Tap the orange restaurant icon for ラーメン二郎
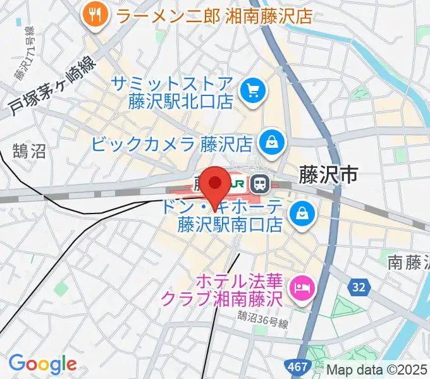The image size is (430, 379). pos(95,13)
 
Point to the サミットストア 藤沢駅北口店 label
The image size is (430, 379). pos(173,92)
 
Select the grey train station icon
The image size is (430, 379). pos(259,184)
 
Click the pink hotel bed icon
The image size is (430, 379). pos(300,288)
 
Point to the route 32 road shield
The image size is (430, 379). pos(359,287)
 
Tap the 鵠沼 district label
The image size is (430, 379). pos(29,151)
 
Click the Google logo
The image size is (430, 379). pos(42,363)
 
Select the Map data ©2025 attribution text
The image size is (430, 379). pos(377,369)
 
